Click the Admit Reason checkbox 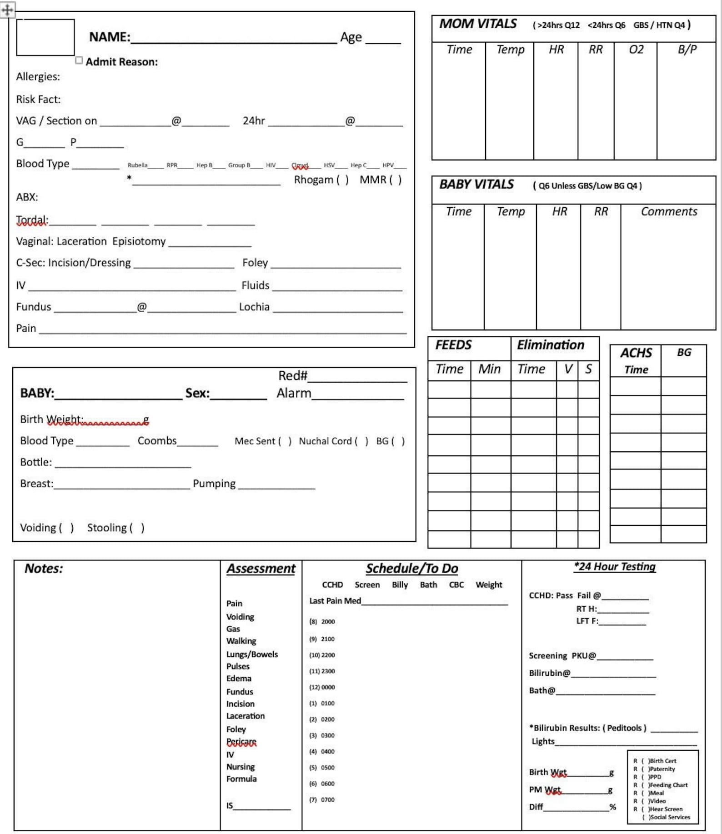click(x=79, y=60)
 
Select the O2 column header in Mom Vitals click(x=636, y=49)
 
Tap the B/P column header click(x=687, y=49)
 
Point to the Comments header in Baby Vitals click(x=668, y=211)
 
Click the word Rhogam click(x=313, y=180)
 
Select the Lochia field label click(x=254, y=307)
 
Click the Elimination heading click(x=550, y=345)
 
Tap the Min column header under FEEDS click(x=489, y=369)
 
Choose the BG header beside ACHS click(x=683, y=352)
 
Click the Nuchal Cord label click(x=325, y=441)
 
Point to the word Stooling click(x=107, y=528)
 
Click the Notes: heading click(x=44, y=569)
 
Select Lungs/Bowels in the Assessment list click(x=252, y=654)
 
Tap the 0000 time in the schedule click(x=328, y=687)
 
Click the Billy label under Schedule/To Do click(x=400, y=584)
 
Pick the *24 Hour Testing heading click(x=614, y=567)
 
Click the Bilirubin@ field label click(x=549, y=673)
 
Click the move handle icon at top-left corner click(x=7, y=9)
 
